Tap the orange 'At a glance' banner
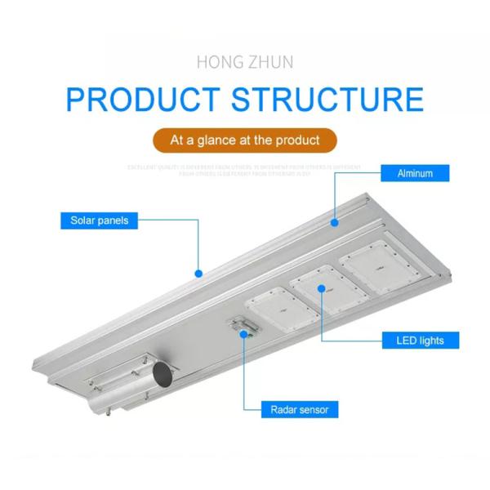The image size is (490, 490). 245,140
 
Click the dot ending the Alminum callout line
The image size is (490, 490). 334,220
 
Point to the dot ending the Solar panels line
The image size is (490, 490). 198,274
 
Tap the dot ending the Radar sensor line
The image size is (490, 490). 243,331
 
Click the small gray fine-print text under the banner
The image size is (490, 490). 245,170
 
